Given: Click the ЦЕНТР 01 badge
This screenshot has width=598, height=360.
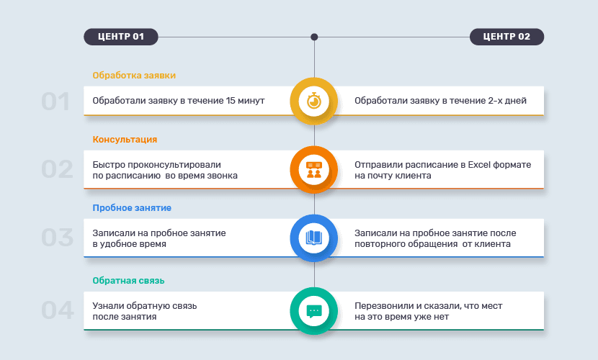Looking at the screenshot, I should click(120, 37).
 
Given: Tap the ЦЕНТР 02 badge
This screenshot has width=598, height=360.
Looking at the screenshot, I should click(506, 37).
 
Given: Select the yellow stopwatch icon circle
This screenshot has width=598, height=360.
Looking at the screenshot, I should click(314, 101).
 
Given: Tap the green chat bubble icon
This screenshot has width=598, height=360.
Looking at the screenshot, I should click(314, 311).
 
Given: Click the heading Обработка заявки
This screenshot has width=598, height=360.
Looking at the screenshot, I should click(134, 75).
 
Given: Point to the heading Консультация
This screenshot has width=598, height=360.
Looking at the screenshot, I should click(125, 139).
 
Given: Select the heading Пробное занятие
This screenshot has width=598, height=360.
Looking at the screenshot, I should click(132, 208).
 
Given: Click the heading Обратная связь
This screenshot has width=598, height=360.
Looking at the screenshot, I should click(129, 281).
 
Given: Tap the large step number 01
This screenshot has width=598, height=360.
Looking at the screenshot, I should click(55, 102).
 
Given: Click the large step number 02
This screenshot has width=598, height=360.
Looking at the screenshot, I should click(57, 170).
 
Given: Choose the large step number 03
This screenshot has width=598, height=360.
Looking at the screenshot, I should click(57, 238).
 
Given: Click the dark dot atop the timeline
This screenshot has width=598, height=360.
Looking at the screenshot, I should click(314, 37).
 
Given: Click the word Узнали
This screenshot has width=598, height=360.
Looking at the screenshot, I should click(108, 306).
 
